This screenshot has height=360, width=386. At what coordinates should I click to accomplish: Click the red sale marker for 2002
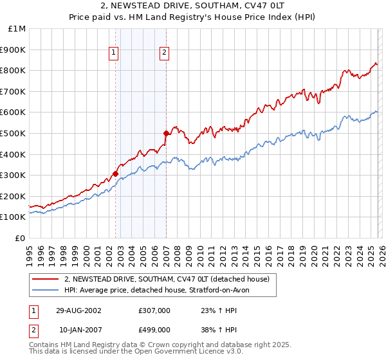115,174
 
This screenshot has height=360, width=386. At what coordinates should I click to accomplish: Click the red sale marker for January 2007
166,133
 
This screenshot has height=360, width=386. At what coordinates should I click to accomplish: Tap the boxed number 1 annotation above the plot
114,53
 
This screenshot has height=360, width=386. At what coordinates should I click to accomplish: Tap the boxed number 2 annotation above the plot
165,53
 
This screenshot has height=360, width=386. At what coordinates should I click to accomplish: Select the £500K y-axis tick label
14,133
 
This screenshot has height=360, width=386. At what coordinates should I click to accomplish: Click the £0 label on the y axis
20,238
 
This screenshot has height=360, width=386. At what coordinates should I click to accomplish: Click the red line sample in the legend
45,279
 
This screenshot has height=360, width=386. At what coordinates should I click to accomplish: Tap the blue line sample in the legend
45,290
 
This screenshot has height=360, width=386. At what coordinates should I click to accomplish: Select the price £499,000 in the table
154,330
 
